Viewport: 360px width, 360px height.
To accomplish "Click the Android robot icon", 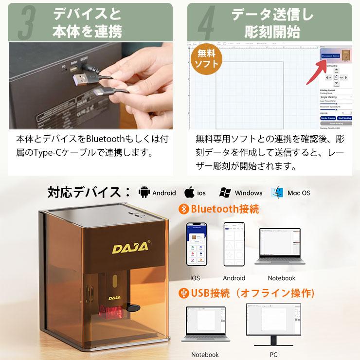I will (x=144, y=192).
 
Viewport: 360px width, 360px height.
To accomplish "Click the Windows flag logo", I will (x=225, y=192).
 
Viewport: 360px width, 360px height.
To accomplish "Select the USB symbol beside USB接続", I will (x=183, y=293).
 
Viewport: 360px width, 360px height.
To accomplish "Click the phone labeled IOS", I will (x=195, y=245).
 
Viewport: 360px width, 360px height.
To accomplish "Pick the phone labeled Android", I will (x=234, y=245).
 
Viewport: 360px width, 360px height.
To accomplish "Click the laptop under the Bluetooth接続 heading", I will (x=282, y=246).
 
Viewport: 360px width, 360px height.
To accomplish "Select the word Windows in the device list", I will (x=249, y=193).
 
